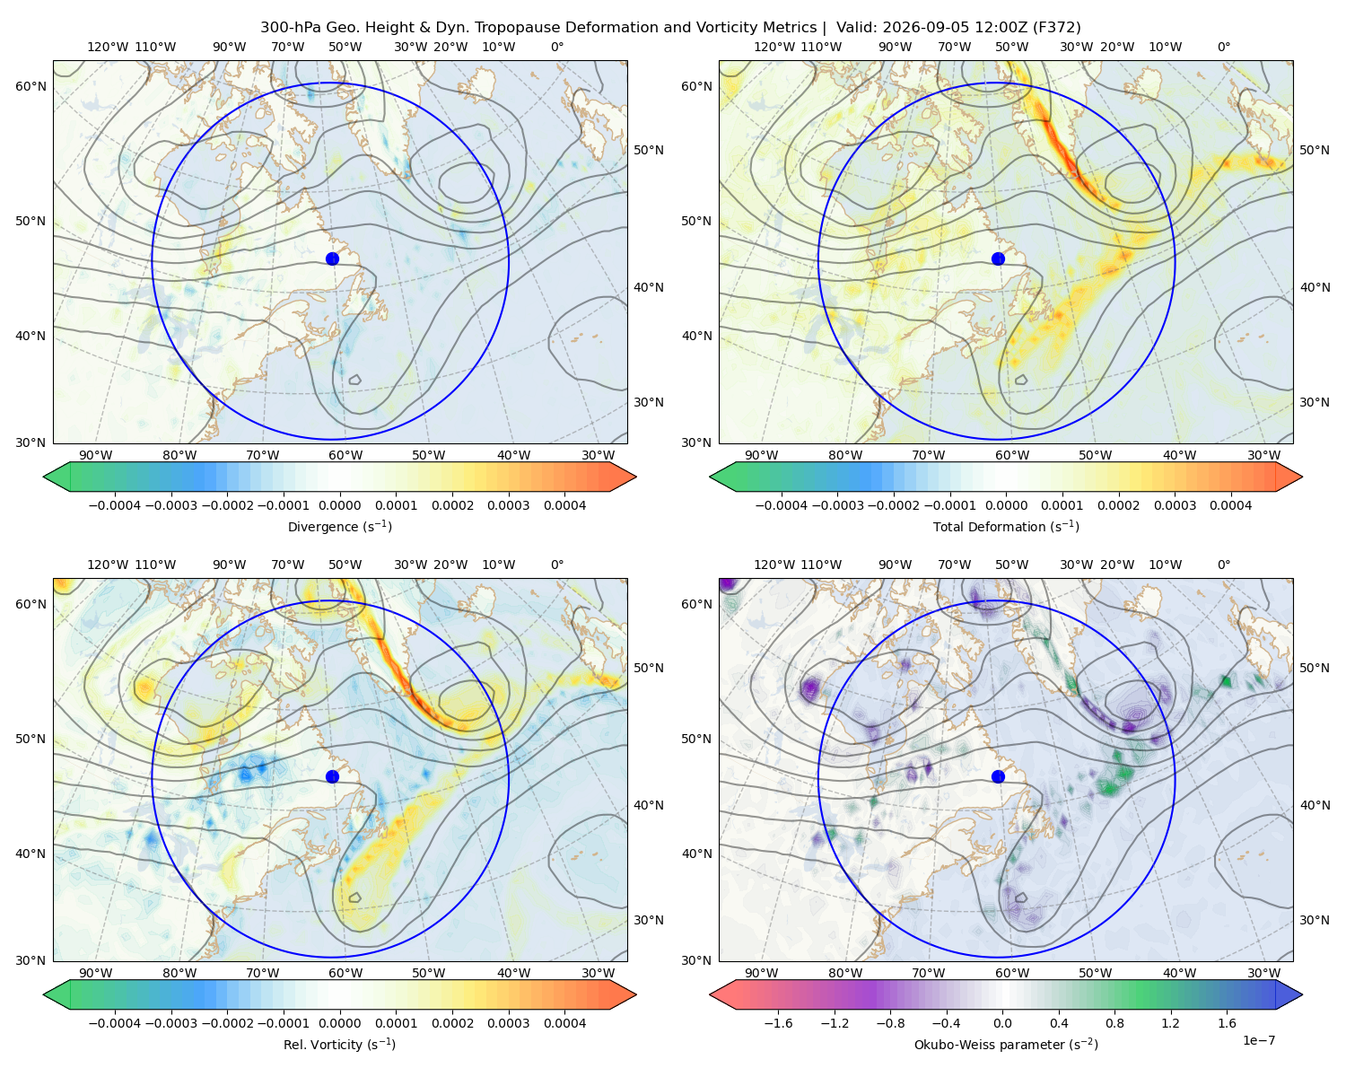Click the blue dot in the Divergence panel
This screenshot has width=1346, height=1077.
[332, 258]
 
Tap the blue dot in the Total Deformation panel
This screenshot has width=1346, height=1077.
[998, 258]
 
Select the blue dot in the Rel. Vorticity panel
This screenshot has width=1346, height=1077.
[332, 776]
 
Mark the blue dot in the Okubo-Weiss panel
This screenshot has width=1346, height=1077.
[998, 776]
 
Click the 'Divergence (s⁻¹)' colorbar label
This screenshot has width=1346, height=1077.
[339, 526]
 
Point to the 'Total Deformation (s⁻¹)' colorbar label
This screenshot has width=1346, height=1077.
[1006, 526]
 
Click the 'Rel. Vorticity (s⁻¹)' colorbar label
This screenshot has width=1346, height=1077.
[339, 1044]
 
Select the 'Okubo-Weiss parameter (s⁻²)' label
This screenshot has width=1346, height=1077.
[1006, 1044]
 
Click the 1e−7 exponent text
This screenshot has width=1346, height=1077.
[1258, 1040]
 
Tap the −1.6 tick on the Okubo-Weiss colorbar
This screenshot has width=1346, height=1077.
[779, 1022]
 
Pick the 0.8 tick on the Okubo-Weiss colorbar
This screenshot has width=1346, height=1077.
[1114, 1022]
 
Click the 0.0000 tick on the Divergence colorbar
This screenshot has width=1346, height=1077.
[339, 505]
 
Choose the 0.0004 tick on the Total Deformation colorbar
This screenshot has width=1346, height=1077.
[1230, 505]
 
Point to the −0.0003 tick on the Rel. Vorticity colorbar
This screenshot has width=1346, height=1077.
[170, 1022]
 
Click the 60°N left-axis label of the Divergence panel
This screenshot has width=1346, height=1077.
[31, 86]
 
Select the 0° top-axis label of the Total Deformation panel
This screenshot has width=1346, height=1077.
[1223, 47]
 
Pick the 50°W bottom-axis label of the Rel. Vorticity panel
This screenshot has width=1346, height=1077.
[428, 973]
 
